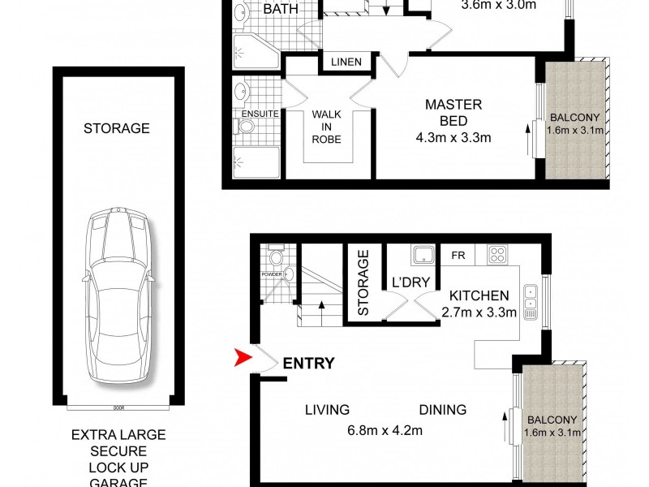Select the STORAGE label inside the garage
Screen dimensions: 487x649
click(x=118, y=128)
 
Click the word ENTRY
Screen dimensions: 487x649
click(x=308, y=364)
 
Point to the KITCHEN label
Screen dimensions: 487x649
click(x=479, y=296)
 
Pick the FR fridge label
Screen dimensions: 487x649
click(x=458, y=254)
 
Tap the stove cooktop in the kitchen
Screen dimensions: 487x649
click(x=497, y=255)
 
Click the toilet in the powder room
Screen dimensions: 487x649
click(x=275, y=259)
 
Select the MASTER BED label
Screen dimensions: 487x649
click(x=453, y=113)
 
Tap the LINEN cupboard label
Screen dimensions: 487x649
click(x=346, y=62)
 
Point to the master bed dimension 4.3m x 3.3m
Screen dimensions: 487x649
click(x=453, y=137)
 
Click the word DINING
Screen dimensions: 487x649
click(x=443, y=410)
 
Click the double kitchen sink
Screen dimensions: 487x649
click(x=530, y=300)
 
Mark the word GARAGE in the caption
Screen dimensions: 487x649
click(x=118, y=482)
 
